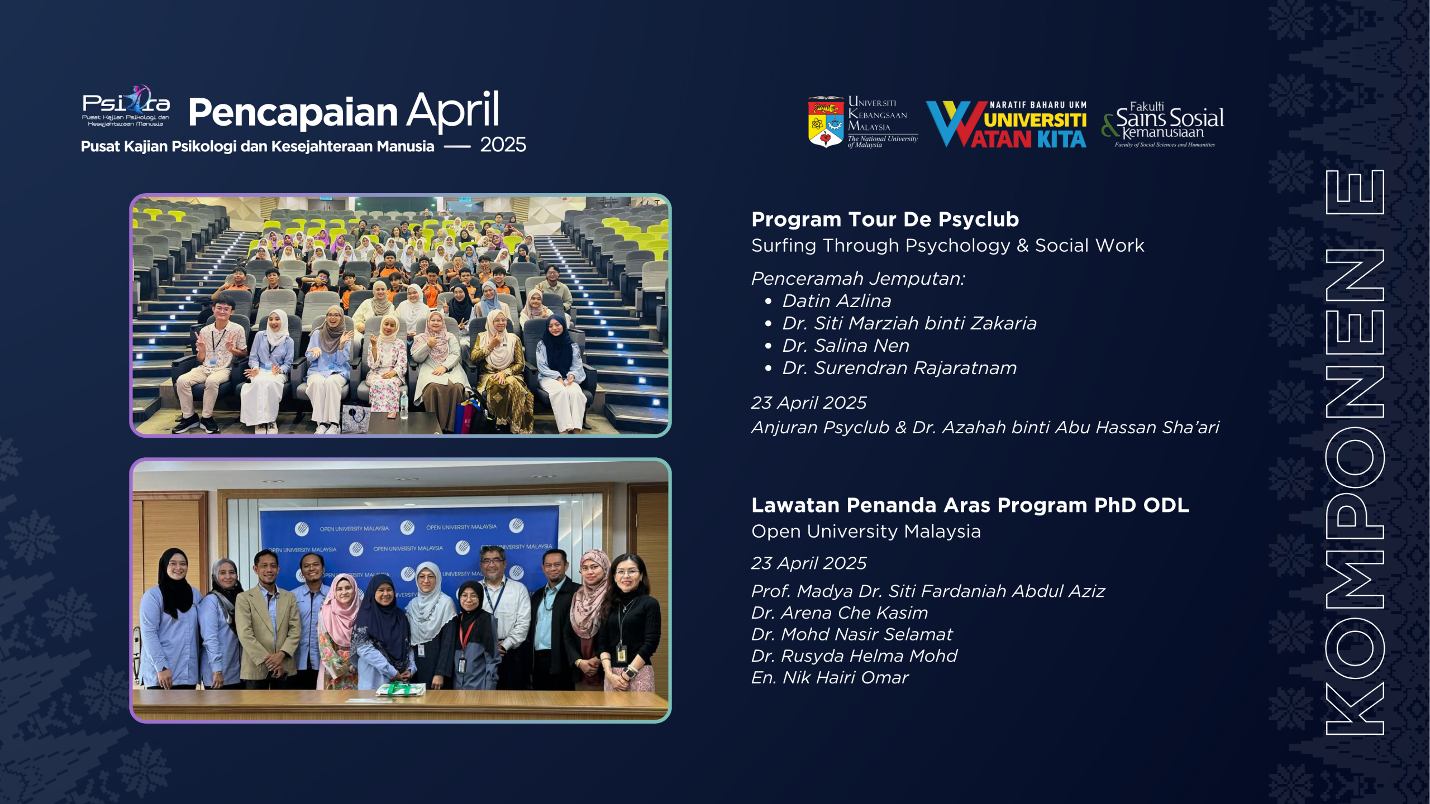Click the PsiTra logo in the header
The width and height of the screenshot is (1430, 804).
[x=126, y=106]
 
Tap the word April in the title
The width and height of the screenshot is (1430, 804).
[x=452, y=111]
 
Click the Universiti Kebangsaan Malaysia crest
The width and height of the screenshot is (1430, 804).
[x=826, y=122]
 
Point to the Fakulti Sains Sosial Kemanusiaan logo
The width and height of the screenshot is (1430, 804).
[x=1163, y=125]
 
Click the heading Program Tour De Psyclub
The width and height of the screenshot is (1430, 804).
[x=885, y=219]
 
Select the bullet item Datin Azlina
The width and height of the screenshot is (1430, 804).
[x=836, y=301]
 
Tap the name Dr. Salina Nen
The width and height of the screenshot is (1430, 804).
[x=846, y=346]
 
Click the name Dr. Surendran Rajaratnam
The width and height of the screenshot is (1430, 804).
[x=899, y=368]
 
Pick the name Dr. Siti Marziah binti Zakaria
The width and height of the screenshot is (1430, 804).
[x=909, y=323]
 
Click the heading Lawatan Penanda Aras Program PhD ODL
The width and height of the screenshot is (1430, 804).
[x=970, y=505]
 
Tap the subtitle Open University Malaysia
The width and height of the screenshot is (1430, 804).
[x=866, y=531]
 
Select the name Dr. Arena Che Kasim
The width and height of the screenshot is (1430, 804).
[x=840, y=613]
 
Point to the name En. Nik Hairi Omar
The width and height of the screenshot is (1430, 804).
[x=830, y=678]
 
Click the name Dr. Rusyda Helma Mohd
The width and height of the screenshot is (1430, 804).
[x=854, y=656]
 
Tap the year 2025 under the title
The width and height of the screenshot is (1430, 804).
[x=503, y=145]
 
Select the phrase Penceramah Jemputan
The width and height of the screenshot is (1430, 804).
[x=858, y=278]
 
